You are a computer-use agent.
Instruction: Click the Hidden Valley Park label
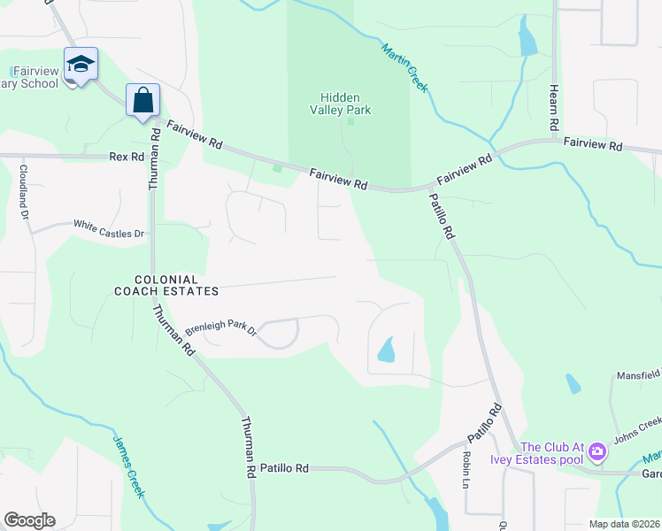(345, 104)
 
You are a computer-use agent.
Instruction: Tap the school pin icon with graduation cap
(80, 65)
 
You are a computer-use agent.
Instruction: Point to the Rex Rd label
(126, 156)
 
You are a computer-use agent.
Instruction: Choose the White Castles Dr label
(108, 229)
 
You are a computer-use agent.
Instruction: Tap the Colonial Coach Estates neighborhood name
(165, 284)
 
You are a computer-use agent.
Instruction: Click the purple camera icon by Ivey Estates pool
(597, 452)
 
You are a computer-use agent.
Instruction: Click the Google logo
(29, 520)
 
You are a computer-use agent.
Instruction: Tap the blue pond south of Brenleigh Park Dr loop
(387, 351)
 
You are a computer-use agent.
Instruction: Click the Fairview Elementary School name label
(35, 77)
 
